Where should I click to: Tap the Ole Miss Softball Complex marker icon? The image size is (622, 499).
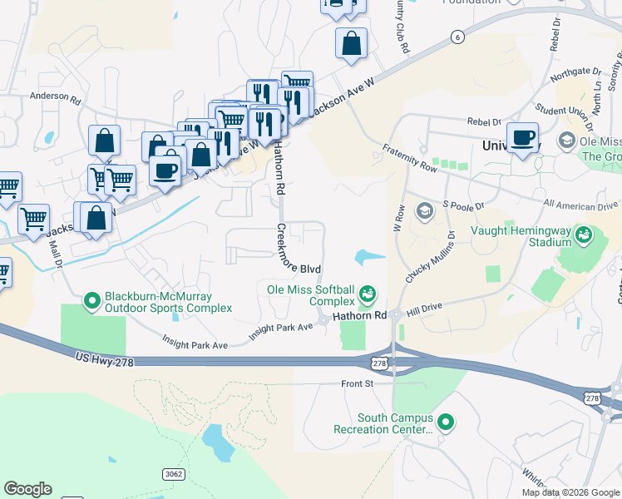point(367,294)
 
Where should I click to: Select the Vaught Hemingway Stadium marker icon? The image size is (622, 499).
point(585,235)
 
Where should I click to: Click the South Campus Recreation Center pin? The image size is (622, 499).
point(445,422)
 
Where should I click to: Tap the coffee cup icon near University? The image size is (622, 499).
point(522,138)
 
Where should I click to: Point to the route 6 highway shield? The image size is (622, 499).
point(457,36)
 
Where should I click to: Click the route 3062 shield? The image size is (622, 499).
point(173,473)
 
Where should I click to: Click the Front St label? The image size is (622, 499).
point(358,383)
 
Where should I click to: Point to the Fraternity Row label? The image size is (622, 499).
point(409,156)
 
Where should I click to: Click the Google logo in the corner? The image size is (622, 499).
point(27,489)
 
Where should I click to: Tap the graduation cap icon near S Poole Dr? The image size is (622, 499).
point(424,210)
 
